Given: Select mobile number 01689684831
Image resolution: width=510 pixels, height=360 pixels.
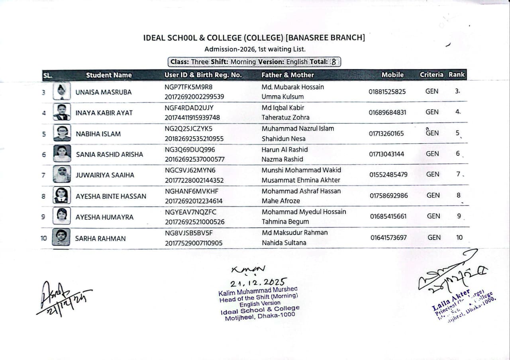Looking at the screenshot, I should pos(387,112).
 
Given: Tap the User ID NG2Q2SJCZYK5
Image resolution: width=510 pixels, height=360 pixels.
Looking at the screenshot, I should pos(188,129).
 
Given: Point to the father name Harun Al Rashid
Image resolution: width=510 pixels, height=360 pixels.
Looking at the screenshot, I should pos(284,150).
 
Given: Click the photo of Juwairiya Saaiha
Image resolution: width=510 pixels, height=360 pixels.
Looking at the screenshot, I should pos(62,174).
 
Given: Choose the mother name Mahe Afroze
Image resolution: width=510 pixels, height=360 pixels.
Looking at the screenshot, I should pos(281,201).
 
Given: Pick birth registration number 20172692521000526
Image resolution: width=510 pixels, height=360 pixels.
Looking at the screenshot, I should pos(195,222).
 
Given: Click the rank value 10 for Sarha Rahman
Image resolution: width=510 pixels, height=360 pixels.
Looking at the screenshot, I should pos(459,238).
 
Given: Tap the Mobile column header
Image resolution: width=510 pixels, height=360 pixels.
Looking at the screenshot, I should pos(392,74).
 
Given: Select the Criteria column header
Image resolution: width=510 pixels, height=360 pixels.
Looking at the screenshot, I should pos(431,74).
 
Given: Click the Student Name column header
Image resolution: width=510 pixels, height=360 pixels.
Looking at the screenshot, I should pos(109,75).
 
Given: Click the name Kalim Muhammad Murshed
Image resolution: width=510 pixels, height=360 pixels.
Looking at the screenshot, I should pos(258,292).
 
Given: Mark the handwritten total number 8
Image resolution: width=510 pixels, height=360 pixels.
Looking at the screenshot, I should pos(334,62).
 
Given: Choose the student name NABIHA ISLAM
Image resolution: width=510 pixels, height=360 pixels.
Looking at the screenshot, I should pos(98,134).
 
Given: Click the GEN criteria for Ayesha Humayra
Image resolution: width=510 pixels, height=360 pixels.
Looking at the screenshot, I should pos(433,216).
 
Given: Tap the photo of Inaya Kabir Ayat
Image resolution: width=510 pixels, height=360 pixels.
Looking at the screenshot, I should pos(62,112).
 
